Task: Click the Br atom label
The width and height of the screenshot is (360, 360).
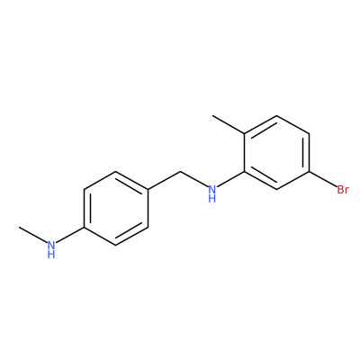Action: click(343, 190)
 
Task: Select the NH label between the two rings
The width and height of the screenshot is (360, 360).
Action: click(212, 193)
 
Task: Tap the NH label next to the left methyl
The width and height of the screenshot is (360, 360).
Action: click(51, 249)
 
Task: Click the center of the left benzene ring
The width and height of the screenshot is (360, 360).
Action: click(116, 208)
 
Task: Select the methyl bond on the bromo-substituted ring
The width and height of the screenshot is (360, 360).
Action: click(229, 125)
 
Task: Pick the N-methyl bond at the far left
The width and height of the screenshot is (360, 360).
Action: click(33, 235)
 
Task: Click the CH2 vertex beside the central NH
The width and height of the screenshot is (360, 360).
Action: click(181, 172)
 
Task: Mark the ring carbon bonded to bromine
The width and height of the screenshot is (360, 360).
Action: click(309, 172)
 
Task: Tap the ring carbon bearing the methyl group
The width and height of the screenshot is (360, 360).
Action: click(245, 134)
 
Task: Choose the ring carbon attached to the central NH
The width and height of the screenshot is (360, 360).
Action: click(245, 172)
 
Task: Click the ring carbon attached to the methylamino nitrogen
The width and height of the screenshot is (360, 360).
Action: click(84, 227)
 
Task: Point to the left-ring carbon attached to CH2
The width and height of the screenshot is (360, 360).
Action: click(148, 190)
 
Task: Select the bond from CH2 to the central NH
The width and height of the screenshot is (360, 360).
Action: click(194, 179)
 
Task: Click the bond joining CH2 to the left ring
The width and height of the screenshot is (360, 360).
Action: click(165, 181)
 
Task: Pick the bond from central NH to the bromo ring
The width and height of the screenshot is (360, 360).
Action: click(230, 179)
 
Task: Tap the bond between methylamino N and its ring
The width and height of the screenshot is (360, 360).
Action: click(70, 235)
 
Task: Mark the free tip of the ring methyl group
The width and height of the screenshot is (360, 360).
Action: click(212, 115)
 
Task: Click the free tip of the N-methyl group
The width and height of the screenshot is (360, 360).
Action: click(20, 227)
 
